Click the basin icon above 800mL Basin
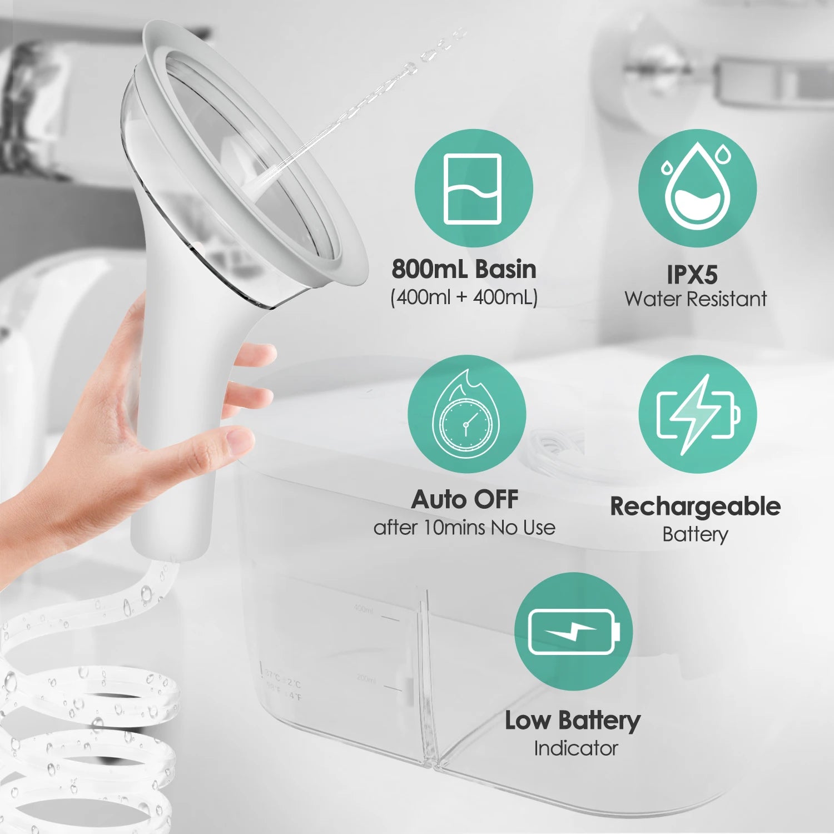473,188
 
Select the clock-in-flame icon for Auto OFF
466,414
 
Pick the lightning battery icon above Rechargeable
697,414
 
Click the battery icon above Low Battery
573,632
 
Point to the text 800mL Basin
464,269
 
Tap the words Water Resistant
696,299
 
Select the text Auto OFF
464,499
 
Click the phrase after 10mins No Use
464,527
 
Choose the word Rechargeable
695,507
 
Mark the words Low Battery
573,721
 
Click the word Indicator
575,748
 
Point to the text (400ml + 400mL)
464,297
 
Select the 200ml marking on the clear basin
366,679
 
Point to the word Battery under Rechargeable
695,534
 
